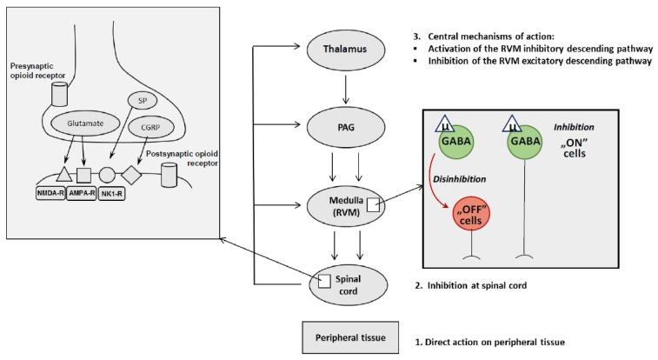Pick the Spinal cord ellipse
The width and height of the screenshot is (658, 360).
tap(341, 283)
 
